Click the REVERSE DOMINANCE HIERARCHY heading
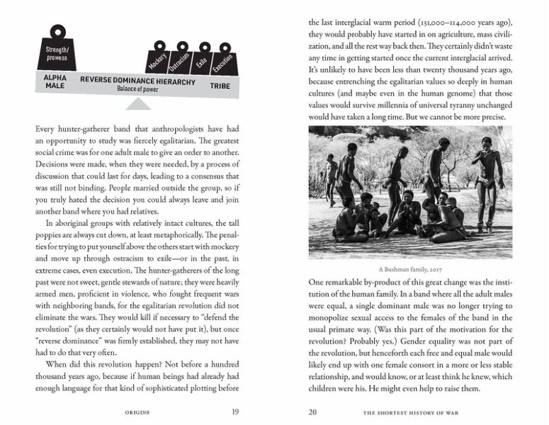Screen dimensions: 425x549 (137, 81)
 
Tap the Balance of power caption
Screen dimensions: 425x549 (140, 90)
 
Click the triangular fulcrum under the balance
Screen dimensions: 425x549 (139, 104)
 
